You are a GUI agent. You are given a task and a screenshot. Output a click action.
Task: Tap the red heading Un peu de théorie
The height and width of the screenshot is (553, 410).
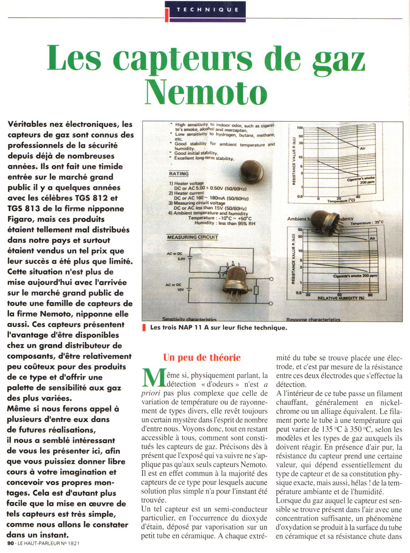202,357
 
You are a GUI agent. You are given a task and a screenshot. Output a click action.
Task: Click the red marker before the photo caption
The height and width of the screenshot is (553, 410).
144,328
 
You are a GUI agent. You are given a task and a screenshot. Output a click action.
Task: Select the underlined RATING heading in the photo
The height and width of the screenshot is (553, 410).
179,174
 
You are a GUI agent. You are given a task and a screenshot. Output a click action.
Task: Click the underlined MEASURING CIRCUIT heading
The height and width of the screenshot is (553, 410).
192,237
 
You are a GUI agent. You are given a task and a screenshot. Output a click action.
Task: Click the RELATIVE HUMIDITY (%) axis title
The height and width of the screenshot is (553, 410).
341,298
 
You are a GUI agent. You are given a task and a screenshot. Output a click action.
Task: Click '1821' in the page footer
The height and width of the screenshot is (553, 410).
72,543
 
